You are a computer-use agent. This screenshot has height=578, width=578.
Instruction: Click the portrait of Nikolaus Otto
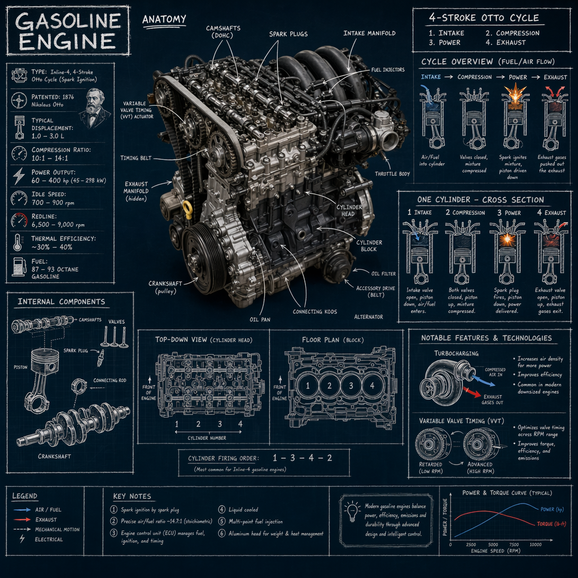click(x=94, y=108)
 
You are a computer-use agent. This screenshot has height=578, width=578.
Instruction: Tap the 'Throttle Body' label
click(x=392, y=174)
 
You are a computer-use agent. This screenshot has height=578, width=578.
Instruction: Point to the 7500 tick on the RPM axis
click(x=513, y=544)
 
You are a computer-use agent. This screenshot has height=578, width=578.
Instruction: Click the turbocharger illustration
click(x=446, y=379)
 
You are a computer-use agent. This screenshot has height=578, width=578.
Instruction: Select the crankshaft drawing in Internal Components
click(x=73, y=425)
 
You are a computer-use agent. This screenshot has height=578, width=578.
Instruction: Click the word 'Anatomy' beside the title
click(x=164, y=20)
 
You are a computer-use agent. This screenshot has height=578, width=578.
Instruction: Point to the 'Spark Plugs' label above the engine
click(x=288, y=34)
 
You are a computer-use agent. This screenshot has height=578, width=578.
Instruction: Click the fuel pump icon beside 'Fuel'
click(x=19, y=265)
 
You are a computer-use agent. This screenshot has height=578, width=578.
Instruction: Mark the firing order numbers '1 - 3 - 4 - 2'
click(x=301, y=457)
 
